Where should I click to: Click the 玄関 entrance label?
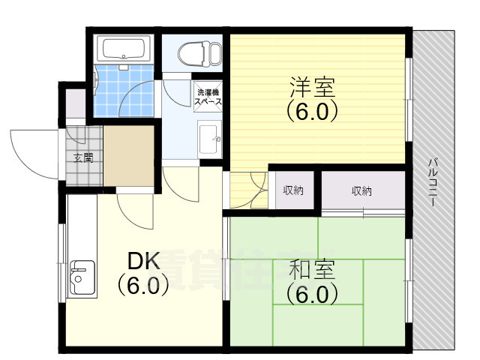pyautogui.click(x=83, y=157)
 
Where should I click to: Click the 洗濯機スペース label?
pyautogui.click(x=208, y=96)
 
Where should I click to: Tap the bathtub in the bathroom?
pyautogui.click(x=125, y=49)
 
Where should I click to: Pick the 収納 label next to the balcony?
pyautogui.click(x=361, y=190)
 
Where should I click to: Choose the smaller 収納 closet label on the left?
pyautogui.click(x=293, y=190)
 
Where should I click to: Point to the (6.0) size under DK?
pyautogui.click(x=142, y=286)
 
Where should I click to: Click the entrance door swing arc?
pyautogui.click(x=30, y=149)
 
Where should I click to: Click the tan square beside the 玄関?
pyautogui.click(x=128, y=158)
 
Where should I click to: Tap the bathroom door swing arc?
pyautogui.click(x=142, y=97)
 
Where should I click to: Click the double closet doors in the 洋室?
pyautogui.click(x=248, y=191)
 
